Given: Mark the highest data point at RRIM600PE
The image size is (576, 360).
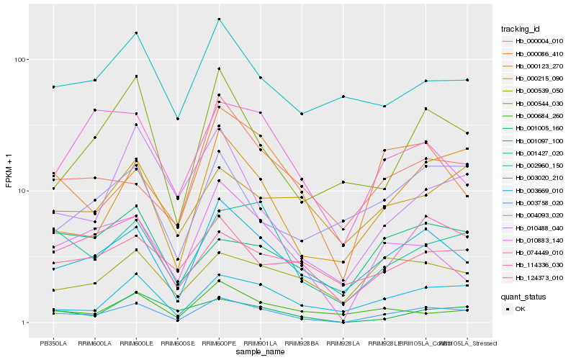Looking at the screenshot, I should pyautogui.click(x=219, y=19).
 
